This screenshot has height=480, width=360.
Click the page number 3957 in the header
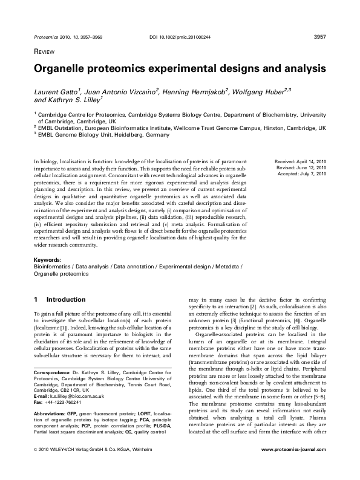(321, 37)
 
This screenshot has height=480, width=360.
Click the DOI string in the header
(180, 37)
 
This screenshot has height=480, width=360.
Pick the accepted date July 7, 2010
(313, 174)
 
